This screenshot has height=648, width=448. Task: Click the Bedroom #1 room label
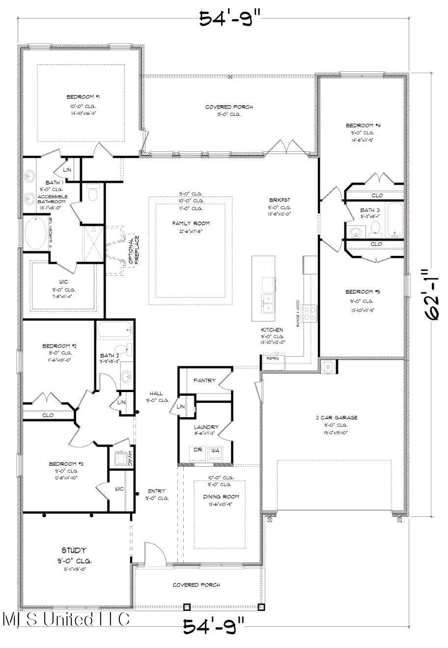[x=80, y=97]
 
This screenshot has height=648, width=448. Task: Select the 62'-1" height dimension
[x=433, y=295]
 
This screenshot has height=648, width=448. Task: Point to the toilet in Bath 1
[x=92, y=194]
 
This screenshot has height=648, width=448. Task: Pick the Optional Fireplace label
[x=134, y=251]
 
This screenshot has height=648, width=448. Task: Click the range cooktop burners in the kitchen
[x=310, y=313]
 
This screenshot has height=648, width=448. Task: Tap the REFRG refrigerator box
[x=272, y=358]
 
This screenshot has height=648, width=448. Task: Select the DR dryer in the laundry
[x=197, y=451]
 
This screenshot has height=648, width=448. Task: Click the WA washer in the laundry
[x=215, y=451]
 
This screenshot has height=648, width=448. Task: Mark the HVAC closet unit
[x=120, y=458]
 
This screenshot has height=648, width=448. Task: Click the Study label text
[x=74, y=550]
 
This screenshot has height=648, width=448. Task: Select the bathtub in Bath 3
[x=394, y=220]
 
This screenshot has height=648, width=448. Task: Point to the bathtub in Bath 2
[x=114, y=330]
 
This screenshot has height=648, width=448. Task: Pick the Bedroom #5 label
[x=362, y=291]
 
